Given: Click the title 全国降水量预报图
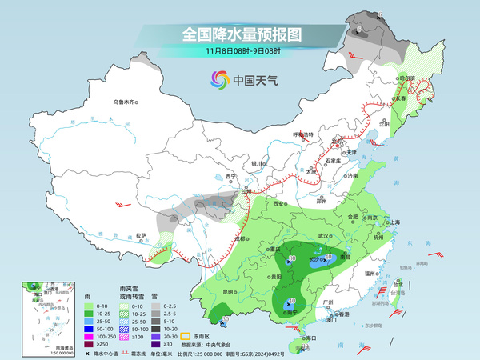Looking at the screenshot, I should [241, 34].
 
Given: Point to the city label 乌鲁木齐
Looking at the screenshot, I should [126, 102].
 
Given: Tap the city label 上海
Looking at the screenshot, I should [393, 222].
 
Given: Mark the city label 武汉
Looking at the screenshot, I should [323, 236].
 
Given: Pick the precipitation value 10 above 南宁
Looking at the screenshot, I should [290, 302].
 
